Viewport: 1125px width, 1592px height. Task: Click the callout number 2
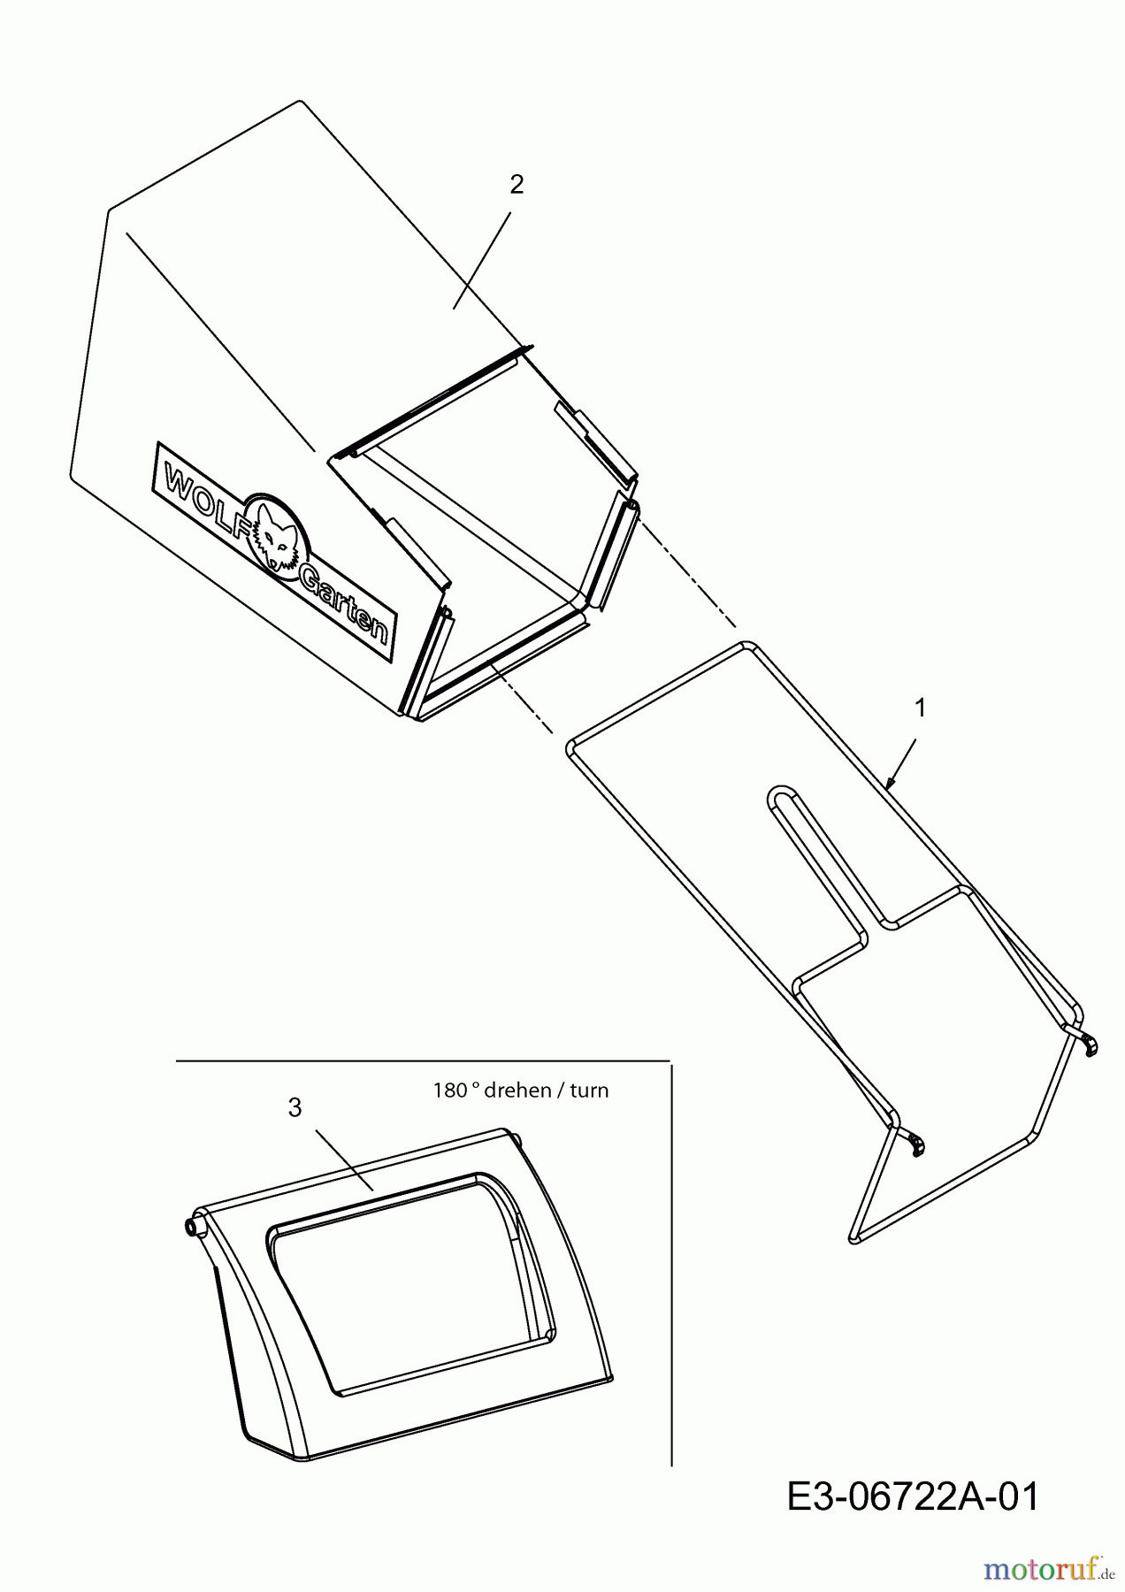coord(517,184)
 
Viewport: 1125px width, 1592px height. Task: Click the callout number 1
coord(921,708)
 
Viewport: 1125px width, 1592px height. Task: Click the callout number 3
coord(295,1107)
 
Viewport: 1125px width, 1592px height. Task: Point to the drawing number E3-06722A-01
coord(914,1497)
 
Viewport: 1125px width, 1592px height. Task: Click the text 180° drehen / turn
coord(521,1090)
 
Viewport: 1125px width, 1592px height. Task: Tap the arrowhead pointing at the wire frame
coord(892,780)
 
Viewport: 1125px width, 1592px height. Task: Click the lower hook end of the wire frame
coord(917,1144)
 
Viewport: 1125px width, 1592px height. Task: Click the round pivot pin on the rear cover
coord(192,1226)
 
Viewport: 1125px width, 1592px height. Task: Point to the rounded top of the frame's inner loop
coord(779,789)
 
